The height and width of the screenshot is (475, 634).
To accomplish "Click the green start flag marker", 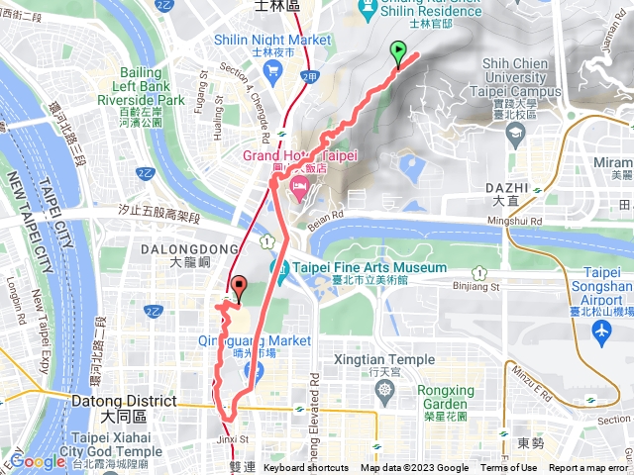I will [x=398, y=52].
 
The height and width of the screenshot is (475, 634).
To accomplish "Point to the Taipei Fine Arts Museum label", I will [x=370, y=268].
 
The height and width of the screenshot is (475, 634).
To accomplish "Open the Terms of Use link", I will [x=509, y=468].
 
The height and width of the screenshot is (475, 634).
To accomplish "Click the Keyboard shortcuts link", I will [x=306, y=468].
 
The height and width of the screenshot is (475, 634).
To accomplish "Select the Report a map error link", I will [x=588, y=468].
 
